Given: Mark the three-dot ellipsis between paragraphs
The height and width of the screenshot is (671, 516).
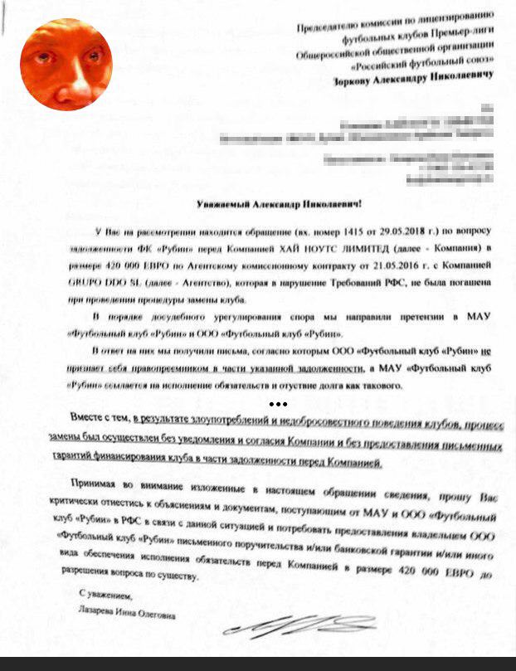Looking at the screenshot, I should (x=278, y=405).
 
